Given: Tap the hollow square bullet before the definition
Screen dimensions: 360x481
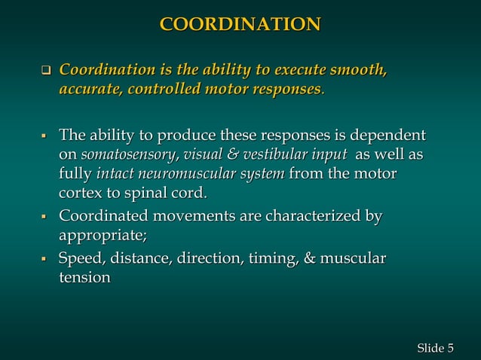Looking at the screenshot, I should click(x=44, y=73).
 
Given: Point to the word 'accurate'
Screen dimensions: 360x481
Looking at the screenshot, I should click(x=89, y=90).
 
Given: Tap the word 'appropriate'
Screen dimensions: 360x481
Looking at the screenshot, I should click(x=101, y=236).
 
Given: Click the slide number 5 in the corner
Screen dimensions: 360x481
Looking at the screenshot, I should click(x=450, y=347).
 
